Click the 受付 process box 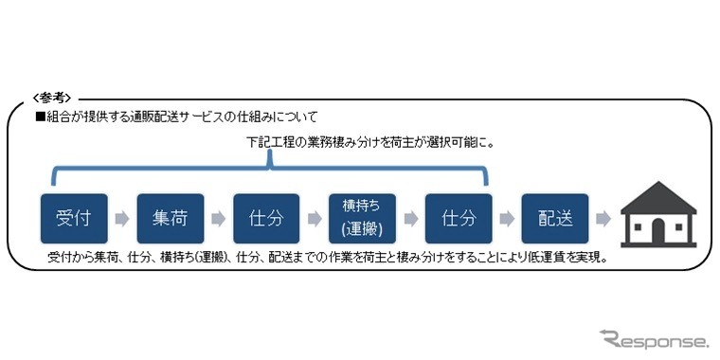[x=74, y=219]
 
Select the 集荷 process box [x=171, y=219]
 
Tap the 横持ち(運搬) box [x=362, y=219]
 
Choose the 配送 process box [x=555, y=219]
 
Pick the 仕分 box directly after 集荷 [x=266, y=219]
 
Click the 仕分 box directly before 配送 [x=458, y=219]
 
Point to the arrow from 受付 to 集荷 [x=122, y=220]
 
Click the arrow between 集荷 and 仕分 [x=219, y=220]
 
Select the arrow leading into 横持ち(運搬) [x=315, y=220]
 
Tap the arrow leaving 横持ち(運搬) [x=410, y=220]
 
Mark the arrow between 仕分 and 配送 [x=507, y=220]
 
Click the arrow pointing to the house [x=603, y=220]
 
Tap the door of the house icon [x=658, y=230]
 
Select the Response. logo [x=653, y=338]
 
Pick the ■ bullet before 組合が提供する [x=40, y=116]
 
